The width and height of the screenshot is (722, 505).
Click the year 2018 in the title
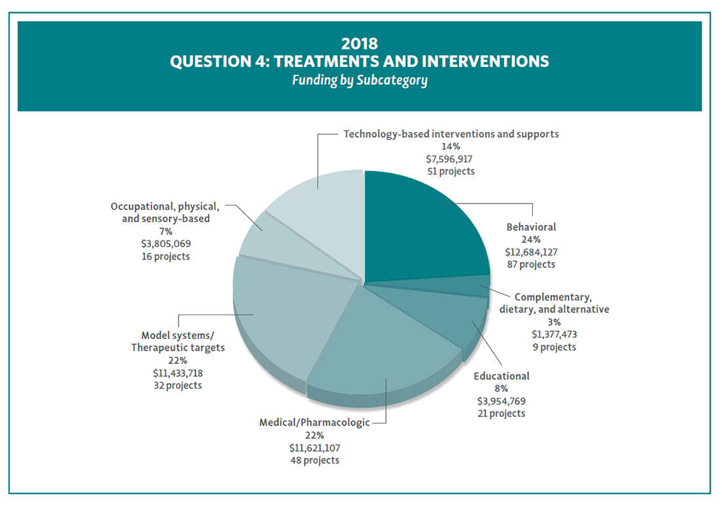click(x=359, y=43)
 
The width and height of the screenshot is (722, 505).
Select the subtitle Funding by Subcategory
click(x=359, y=81)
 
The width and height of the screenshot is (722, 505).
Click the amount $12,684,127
click(x=531, y=252)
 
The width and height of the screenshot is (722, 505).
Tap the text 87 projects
click(x=531, y=264)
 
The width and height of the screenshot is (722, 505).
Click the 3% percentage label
click(x=555, y=322)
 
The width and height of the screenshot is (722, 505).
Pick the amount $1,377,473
click(x=555, y=334)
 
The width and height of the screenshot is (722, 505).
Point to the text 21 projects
click(x=501, y=413)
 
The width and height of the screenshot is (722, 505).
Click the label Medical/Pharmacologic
click(x=314, y=422)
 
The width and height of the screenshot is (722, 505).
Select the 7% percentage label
click(x=165, y=231)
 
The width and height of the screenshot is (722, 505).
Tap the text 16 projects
click(x=165, y=256)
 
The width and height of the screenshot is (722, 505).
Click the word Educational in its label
click(x=501, y=376)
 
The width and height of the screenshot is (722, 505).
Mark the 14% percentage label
click(x=451, y=146)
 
